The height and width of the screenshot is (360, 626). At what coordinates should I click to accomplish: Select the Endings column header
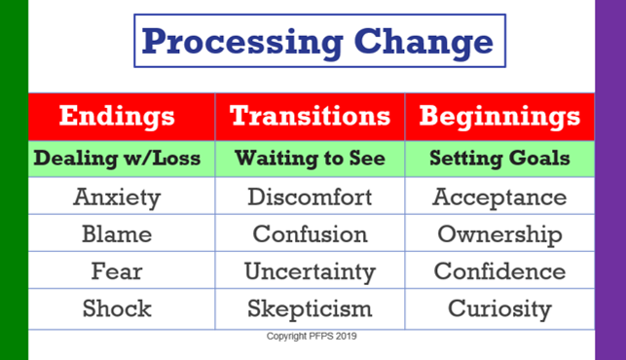click(x=117, y=116)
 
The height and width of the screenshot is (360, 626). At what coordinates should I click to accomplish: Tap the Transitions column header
click(x=310, y=116)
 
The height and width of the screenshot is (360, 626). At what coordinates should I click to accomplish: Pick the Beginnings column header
click(x=499, y=116)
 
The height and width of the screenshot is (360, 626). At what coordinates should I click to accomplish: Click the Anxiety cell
click(x=117, y=198)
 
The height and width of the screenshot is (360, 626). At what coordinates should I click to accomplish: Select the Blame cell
click(x=117, y=234)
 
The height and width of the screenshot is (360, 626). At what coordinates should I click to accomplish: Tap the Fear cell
click(x=117, y=271)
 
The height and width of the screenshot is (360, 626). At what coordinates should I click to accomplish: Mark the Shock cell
click(x=117, y=308)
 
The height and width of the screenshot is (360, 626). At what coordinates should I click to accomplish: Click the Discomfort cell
click(x=310, y=198)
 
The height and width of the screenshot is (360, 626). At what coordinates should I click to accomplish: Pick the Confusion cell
click(x=310, y=234)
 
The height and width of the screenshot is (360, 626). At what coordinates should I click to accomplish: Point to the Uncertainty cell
click(x=310, y=271)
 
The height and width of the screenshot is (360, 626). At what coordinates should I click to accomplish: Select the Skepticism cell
click(x=310, y=308)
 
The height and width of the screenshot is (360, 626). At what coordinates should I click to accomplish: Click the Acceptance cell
click(x=499, y=198)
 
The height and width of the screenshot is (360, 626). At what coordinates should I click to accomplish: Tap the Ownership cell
click(x=499, y=234)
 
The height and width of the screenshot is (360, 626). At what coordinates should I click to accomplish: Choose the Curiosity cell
click(x=499, y=308)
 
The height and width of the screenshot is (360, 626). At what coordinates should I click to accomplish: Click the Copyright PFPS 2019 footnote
click(x=312, y=337)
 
